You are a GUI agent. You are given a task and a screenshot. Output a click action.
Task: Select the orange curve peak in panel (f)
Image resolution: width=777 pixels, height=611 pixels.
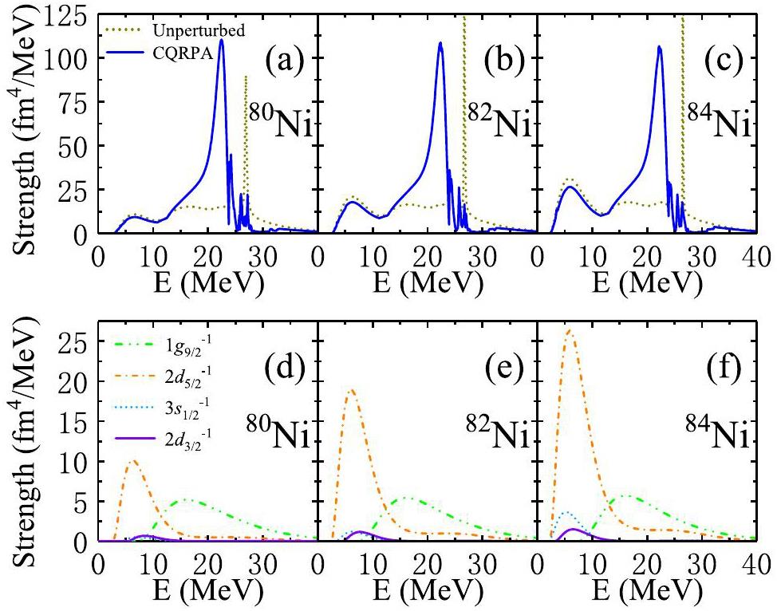569,329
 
